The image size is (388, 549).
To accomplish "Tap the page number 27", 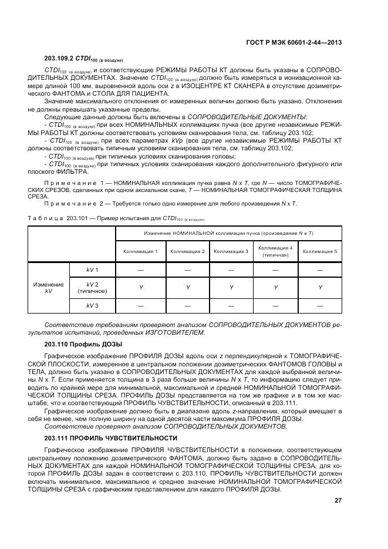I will click(338, 500).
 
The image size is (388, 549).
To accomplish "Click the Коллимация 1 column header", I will click(140, 251).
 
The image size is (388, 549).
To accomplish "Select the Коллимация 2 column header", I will click(187, 251).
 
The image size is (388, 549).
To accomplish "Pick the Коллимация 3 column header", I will click(231, 251).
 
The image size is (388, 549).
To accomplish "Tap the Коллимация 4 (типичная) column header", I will click(275, 251).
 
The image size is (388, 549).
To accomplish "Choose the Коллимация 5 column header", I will click(320, 251).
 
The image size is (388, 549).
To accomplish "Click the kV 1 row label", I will click(92, 270).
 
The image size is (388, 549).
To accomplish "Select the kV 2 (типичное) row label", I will click(92, 287).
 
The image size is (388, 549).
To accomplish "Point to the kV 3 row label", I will click(92, 306).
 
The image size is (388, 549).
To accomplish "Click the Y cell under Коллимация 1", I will click(140, 287).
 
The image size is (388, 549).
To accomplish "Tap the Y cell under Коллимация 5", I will click(320, 287).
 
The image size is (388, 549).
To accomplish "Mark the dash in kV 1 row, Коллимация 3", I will click(231, 270).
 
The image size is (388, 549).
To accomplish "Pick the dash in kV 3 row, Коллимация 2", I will click(187, 306).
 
